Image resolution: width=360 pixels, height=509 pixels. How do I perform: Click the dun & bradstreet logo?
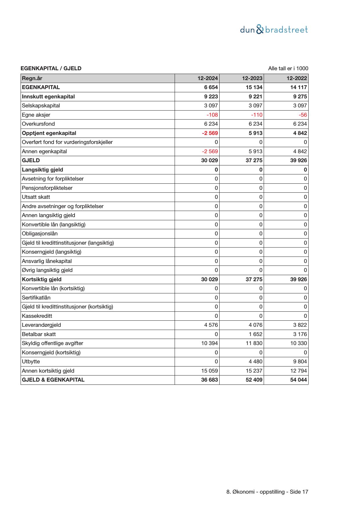(274, 30)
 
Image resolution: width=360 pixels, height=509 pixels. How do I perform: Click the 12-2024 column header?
(208, 78)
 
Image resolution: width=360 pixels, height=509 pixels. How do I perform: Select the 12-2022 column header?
(297, 78)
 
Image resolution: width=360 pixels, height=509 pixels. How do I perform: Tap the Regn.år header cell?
(32, 78)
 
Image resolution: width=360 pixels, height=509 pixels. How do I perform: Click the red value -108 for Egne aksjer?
(212, 115)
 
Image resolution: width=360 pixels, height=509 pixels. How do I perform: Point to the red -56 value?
(303, 115)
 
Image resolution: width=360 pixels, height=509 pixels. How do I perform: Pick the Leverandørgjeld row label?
(41, 325)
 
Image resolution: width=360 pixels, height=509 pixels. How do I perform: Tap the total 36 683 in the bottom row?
(209, 380)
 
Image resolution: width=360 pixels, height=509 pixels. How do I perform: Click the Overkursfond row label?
(38, 124)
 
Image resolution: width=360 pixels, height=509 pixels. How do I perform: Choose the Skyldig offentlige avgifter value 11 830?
(254, 343)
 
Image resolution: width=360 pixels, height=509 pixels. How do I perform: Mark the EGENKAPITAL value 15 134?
(254, 87)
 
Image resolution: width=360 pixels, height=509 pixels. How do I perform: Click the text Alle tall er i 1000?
(288, 68)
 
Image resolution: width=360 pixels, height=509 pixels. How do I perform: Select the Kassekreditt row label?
(37, 316)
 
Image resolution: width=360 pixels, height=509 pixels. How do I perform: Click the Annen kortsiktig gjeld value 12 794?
(299, 371)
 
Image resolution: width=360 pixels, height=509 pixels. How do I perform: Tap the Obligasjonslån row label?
(40, 234)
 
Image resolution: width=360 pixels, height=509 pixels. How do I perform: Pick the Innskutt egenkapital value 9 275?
(300, 97)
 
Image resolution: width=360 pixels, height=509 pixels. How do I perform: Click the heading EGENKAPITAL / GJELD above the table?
(51, 68)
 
